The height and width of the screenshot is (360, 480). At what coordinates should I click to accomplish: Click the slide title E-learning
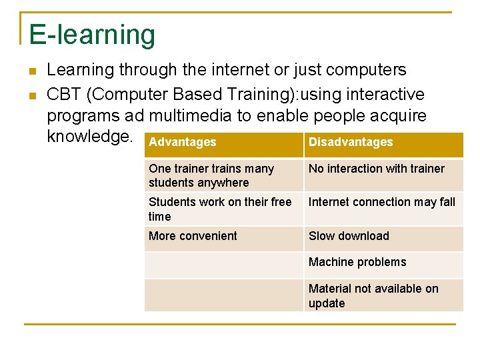click(x=92, y=35)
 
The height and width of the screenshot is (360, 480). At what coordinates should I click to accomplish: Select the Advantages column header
click(x=183, y=142)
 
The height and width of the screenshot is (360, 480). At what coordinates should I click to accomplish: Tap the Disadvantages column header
click(x=351, y=142)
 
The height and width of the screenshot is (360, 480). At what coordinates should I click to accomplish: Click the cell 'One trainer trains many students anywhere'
click(x=211, y=175)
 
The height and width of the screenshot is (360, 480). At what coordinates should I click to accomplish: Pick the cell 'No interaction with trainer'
click(x=377, y=169)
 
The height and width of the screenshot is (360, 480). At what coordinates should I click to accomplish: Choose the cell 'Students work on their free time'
click(x=220, y=209)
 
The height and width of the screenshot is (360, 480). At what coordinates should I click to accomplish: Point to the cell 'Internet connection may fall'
click(x=382, y=202)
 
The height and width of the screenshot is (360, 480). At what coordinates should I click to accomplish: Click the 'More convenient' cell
click(x=193, y=236)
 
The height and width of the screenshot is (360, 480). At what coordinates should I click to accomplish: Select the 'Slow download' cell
click(x=349, y=236)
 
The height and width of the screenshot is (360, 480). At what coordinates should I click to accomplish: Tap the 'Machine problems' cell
click(x=357, y=262)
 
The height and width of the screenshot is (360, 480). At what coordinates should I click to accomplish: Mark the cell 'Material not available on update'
click(x=373, y=295)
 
